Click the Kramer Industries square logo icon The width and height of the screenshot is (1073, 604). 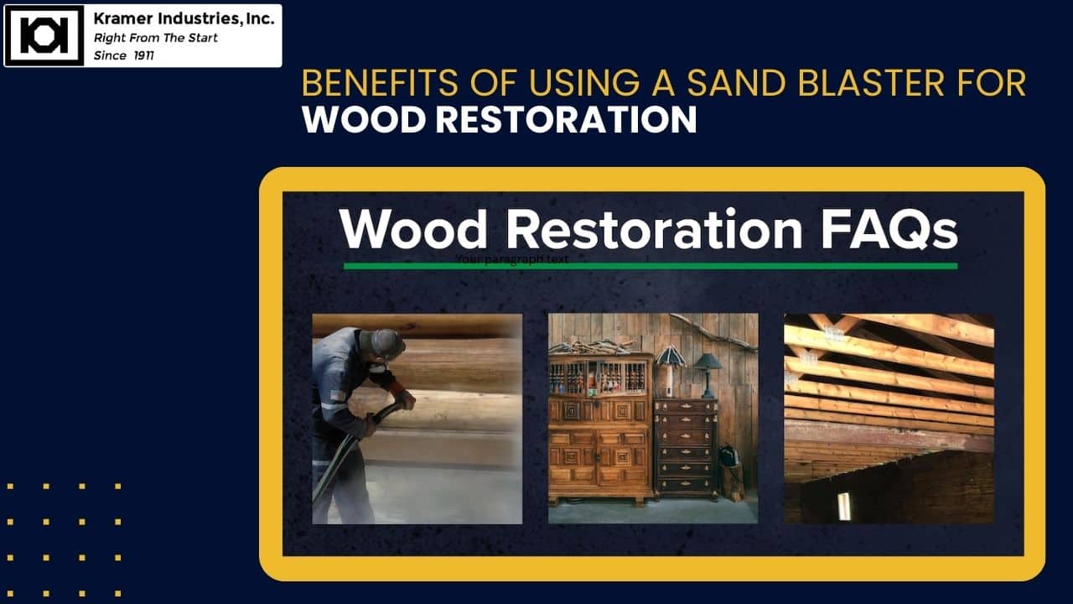point(44,35)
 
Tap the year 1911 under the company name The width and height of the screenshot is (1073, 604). point(143,55)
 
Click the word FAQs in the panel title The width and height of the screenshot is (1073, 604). point(889,229)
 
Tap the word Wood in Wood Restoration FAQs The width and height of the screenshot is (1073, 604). point(414,229)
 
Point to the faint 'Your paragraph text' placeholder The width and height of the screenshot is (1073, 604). point(511,259)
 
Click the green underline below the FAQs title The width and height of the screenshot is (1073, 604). point(651,266)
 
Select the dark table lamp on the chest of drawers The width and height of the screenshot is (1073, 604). point(708,375)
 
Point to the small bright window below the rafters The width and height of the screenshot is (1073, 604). point(844,506)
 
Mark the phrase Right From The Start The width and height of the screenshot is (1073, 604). point(155,38)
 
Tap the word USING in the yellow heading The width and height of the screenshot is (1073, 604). point(584,83)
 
